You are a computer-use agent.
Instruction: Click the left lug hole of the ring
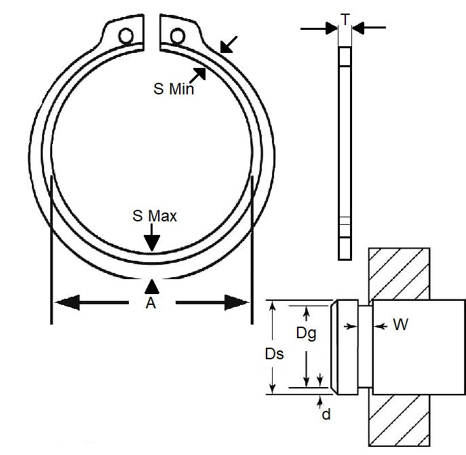point(126,36)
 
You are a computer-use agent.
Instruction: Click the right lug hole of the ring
point(177,35)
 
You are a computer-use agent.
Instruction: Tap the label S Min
point(172,88)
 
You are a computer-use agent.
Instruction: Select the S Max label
point(155,216)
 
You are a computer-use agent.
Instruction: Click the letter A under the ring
point(151,304)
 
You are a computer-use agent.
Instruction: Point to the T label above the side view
point(345,20)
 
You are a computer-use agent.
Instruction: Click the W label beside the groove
point(400,325)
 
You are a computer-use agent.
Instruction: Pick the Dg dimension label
point(307,333)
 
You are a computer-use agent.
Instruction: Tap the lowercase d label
point(326,413)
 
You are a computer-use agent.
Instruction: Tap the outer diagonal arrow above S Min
point(228,45)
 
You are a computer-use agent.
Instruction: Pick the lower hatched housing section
point(401,421)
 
